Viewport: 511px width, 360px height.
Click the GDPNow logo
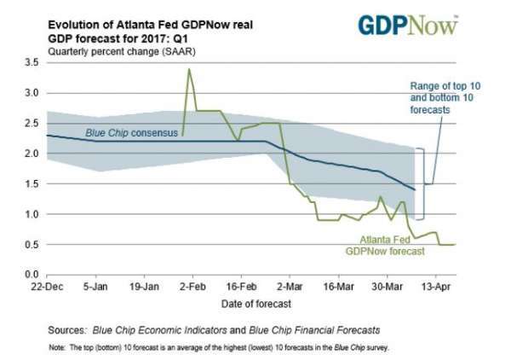pos(407,25)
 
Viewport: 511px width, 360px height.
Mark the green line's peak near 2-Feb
pos(188,69)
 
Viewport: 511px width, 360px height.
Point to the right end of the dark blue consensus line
pos(414,189)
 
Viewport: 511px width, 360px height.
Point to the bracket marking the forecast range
pos(420,183)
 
